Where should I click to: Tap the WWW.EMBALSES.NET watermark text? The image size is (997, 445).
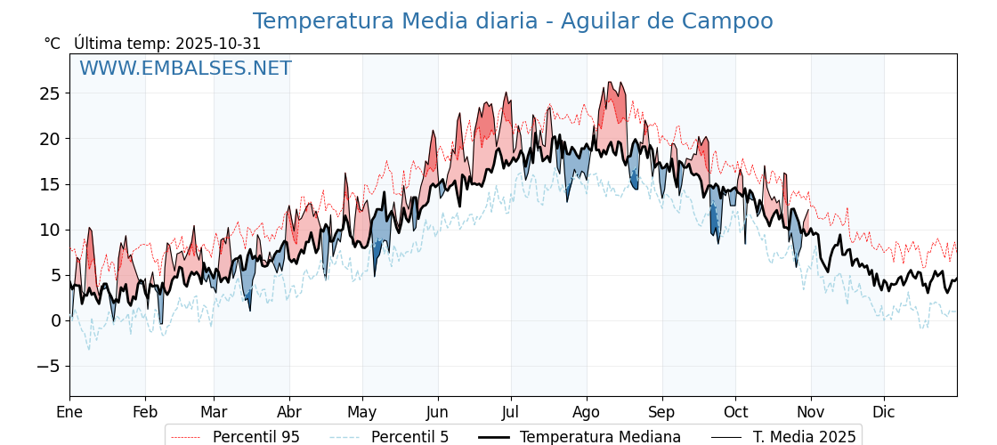[185, 69]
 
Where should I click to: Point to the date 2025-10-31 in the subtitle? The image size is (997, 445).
[218, 44]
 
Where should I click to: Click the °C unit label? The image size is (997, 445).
[53, 44]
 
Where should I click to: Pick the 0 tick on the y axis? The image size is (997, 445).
[55, 320]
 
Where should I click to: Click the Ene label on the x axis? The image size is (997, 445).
[69, 412]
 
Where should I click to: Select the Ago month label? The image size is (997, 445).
[586, 412]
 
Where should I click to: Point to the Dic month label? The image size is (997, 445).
[884, 412]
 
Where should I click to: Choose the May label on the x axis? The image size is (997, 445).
[361, 412]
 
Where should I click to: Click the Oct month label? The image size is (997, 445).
[735, 412]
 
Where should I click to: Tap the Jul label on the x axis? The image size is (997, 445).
[511, 412]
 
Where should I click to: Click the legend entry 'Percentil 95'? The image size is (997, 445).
[255, 437]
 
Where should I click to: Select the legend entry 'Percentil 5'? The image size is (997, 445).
[409, 437]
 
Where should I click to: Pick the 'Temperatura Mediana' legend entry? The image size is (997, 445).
[600, 437]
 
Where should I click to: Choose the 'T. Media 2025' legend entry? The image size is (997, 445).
[804, 437]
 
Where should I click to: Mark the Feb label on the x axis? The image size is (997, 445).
[144, 412]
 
